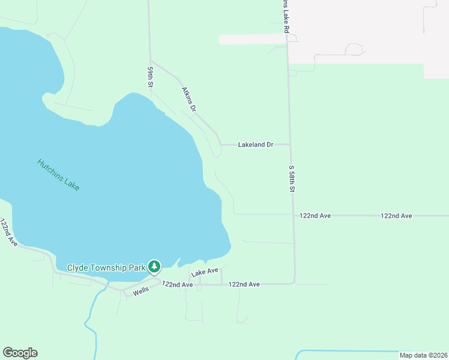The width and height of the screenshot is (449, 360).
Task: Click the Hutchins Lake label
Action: tap(58, 175)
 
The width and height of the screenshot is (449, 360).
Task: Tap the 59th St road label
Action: tap(151, 77)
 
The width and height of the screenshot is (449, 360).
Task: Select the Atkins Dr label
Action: tap(189, 100)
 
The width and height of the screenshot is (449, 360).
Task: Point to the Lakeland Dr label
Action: tap(256, 145)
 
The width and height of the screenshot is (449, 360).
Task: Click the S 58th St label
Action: tap(292, 179)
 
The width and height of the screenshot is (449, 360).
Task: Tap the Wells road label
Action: tap(141, 290)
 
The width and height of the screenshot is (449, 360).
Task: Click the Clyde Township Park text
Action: tap(106, 268)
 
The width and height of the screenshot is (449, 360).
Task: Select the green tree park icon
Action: tap(154, 266)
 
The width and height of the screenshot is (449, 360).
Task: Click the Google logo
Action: tap(20, 353)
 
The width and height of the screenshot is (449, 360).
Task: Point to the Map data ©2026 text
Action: tap(423, 355)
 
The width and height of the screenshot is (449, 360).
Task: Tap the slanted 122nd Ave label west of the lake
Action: tap(8, 232)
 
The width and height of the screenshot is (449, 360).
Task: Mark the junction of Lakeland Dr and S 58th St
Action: tap(290, 145)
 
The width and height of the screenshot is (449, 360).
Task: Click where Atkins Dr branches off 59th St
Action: tap(150, 61)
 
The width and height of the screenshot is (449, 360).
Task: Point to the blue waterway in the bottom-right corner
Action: tap(360, 351)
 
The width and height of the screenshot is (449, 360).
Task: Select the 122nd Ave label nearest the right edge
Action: tap(396, 215)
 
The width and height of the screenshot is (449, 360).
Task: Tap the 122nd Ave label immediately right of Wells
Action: tap(177, 284)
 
